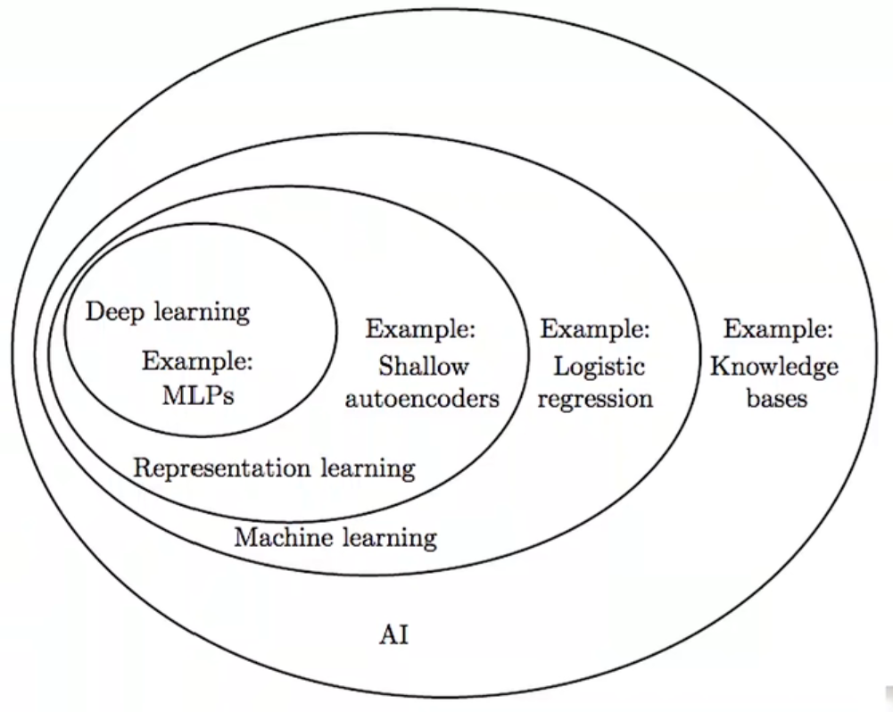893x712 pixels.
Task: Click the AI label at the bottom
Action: (x=394, y=636)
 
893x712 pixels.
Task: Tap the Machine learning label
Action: (x=335, y=538)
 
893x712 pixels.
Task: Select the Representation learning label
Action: (x=274, y=468)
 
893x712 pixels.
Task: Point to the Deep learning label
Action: (x=168, y=312)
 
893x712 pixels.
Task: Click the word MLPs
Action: (x=198, y=395)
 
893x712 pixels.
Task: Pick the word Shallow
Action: (x=424, y=366)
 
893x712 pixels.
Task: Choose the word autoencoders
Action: (x=422, y=398)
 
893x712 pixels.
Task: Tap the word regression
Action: (x=596, y=398)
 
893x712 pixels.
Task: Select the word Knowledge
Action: (x=774, y=366)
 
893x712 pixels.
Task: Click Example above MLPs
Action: (x=197, y=362)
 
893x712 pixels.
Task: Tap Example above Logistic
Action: (x=595, y=331)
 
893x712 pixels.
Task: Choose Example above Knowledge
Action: (x=778, y=331)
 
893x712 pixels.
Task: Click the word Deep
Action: (x=114, y=312)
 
